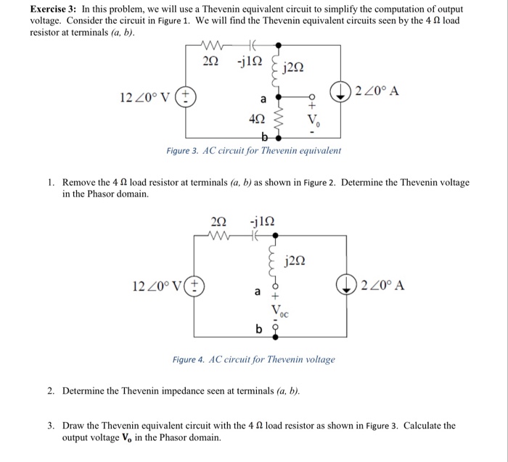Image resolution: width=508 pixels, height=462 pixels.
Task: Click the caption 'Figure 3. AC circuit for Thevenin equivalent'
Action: coord(244,150)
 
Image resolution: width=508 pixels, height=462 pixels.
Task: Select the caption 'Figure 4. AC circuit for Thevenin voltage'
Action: coord(253,359)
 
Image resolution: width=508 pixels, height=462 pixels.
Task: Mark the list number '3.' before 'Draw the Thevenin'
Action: coord(52,425)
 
